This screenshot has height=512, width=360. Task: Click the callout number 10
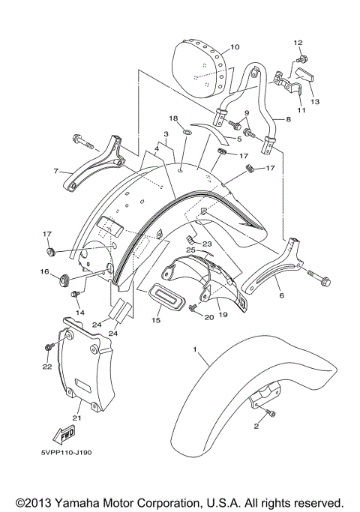(x=235, y=47)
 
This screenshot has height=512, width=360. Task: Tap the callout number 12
(x=298, y=42)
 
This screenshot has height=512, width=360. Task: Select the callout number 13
(x=315, y=100)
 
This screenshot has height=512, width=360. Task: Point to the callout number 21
(x=76, y=417)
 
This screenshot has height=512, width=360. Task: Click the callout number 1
(x=196, y=350)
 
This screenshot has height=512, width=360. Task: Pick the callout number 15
(x=155, y=321)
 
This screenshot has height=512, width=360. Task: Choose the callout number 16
(x=43, y=272)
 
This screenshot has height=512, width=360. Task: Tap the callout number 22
(x=47, y=366)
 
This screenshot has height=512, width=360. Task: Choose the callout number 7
(x=56, y=171)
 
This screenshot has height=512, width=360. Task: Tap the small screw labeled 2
(x=272, y=413)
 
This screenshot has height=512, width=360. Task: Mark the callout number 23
(x=208, y=244)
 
